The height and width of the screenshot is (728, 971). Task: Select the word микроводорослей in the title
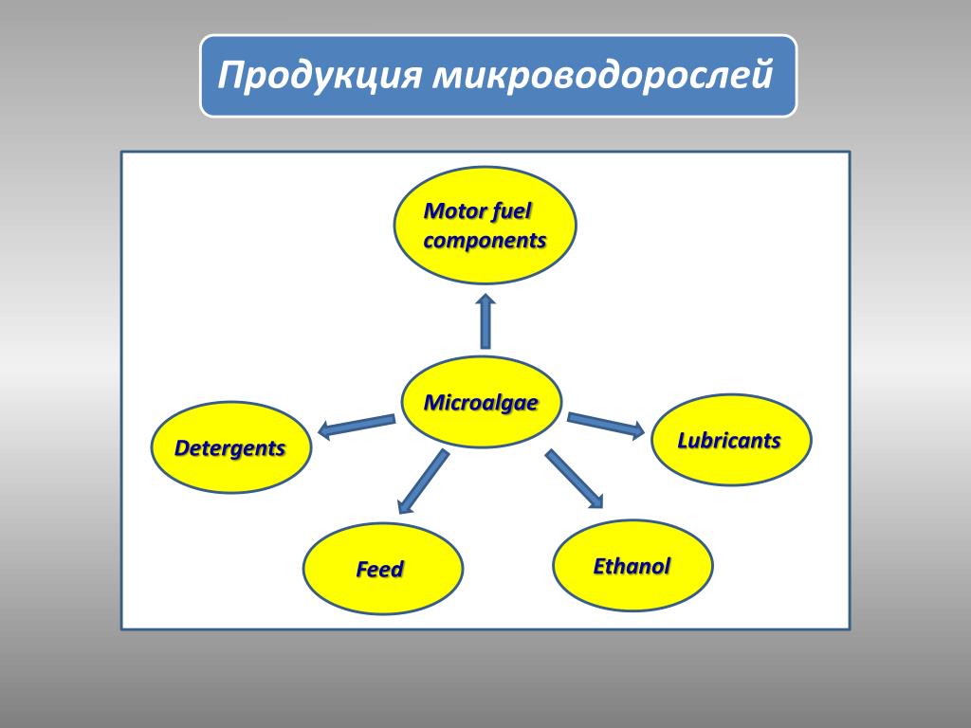[604, 76]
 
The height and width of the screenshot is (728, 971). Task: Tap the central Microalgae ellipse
[482, 402]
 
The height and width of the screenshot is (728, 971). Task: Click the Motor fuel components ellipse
[485, 224]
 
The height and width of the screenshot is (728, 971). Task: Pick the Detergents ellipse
[231, 447]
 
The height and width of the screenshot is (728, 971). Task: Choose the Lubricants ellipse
[730, 440]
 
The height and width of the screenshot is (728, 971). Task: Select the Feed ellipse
[382, 569]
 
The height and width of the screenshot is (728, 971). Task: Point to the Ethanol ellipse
[632, 566]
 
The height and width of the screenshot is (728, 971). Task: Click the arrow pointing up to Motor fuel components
[485, 321]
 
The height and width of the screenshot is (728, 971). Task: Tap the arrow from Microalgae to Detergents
[357, 427]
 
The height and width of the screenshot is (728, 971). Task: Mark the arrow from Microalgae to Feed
[423, 481]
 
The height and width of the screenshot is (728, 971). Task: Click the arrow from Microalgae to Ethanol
[574, 479]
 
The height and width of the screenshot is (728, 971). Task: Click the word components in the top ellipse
[485, 241]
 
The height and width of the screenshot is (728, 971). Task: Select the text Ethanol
[632, 567]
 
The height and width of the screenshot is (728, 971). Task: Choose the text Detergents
[230, 447]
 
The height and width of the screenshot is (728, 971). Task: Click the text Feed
[380, 570]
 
